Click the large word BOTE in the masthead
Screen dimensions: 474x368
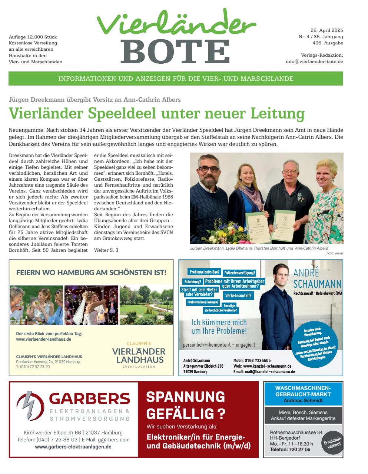point(175,51)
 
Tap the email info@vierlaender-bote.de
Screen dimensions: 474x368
point(314,61)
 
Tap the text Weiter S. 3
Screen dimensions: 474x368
point(106,250)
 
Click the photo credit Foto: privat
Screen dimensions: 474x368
point(335,253)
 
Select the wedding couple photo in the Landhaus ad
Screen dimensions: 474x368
point(91,305)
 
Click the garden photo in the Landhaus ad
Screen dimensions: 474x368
point(146,305)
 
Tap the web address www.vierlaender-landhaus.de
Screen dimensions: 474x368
point(43,339)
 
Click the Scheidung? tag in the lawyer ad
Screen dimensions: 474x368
point(193,282)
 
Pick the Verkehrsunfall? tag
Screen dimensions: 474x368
point(238,296)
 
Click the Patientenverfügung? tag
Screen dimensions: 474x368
point(239,273)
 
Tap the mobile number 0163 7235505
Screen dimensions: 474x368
point(257,360)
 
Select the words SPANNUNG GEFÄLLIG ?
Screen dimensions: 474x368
point(186,405)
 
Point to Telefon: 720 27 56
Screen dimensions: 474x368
point(290,450)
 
